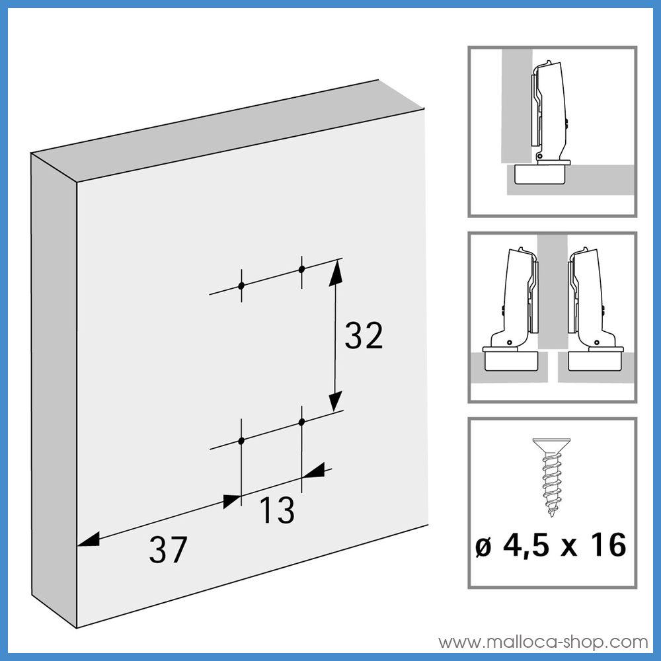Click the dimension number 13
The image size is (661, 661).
276,511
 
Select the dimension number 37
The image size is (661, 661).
168,550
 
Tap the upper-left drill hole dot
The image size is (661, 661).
241,286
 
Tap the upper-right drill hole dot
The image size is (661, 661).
301,269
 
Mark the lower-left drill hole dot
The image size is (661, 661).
241,440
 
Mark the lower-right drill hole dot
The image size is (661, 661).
301,421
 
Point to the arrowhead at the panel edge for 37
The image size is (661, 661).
88,540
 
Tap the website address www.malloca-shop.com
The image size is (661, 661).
543,642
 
